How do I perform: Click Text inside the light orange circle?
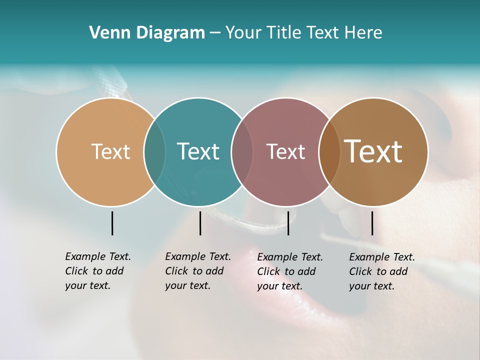pyautogui.click(x=110, y=151)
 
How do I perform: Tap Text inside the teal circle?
pyautogui.click(x=198, y=151)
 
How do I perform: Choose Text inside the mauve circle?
pyautogui.click(x=285, y=151)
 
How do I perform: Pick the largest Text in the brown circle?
pyautogui.click(x=373, y=151)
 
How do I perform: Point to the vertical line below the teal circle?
pyautogui.click(x=200, y=223)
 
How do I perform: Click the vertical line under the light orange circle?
pyautogui.click(x=112, y=223)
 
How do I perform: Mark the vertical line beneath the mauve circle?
pyautogui.click(x=288, y=223)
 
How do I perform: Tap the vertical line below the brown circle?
pyautogui.click(x=372, y=223)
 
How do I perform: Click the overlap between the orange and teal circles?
pyautogui.click(x=154, y=151)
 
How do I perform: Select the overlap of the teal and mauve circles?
pyautogui.click(x=242, y=151)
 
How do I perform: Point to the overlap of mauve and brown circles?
pyautogui.click(x=329, y=151)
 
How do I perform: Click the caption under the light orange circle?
pyautogui.click(x=97, y=271)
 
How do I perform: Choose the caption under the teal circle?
pyautogui.click(x=197, y=271)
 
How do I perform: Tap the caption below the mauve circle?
pyautogui.click(x=289, y=271)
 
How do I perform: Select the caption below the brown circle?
pyautogui.click(x=381, y=271)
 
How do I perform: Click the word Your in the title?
pyautogui.click(x=244, y=32)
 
